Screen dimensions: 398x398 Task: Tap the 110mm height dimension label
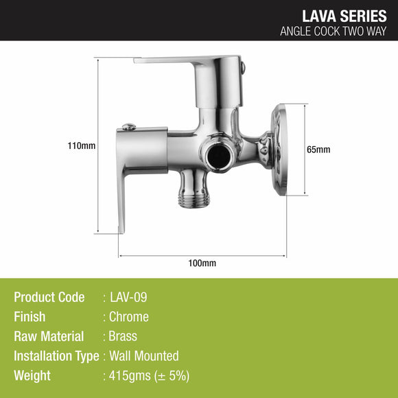pos(82,145)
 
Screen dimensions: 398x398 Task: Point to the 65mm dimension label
pos(318,150)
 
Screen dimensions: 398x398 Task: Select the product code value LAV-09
pos(128,297)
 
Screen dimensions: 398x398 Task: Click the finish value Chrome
pos(129,317)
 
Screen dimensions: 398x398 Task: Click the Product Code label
pos(49,297)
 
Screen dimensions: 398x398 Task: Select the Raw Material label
pos(49,336)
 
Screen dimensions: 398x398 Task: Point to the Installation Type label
pos(56,355)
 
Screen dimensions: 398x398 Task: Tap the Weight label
pos(32,375)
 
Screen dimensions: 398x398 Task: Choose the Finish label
pos(30,317)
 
